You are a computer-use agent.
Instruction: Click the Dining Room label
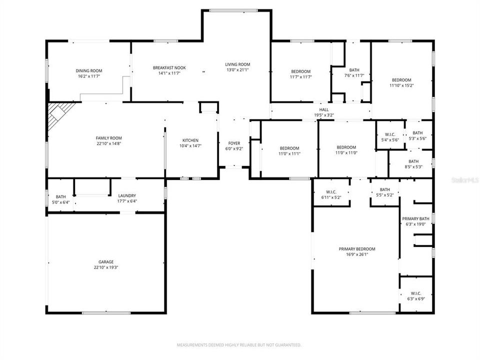coord(89,71)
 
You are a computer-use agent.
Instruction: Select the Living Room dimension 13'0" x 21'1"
coord(237,70)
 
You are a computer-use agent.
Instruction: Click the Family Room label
coord(108,138)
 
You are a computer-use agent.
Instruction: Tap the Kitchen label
coord(190,140)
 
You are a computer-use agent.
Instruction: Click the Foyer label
coord(234,143)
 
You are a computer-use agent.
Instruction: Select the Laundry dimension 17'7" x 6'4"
coord(126,201)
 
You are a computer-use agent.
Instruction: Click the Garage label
coord(105,261)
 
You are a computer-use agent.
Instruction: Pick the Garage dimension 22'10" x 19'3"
coord(105,267)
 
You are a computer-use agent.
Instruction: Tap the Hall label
coord(324,109)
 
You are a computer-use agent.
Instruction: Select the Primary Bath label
coord(416,218)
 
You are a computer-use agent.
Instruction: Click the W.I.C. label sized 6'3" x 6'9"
coord(416,293)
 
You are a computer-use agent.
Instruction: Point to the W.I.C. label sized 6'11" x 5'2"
coord(331,192)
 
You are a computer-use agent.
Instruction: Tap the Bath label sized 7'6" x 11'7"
coord(354,70)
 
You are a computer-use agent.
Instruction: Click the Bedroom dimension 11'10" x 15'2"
coord(401,85)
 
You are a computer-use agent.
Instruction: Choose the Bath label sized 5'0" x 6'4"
coord(61,196)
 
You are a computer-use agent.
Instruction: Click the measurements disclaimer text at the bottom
coord(239,345)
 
